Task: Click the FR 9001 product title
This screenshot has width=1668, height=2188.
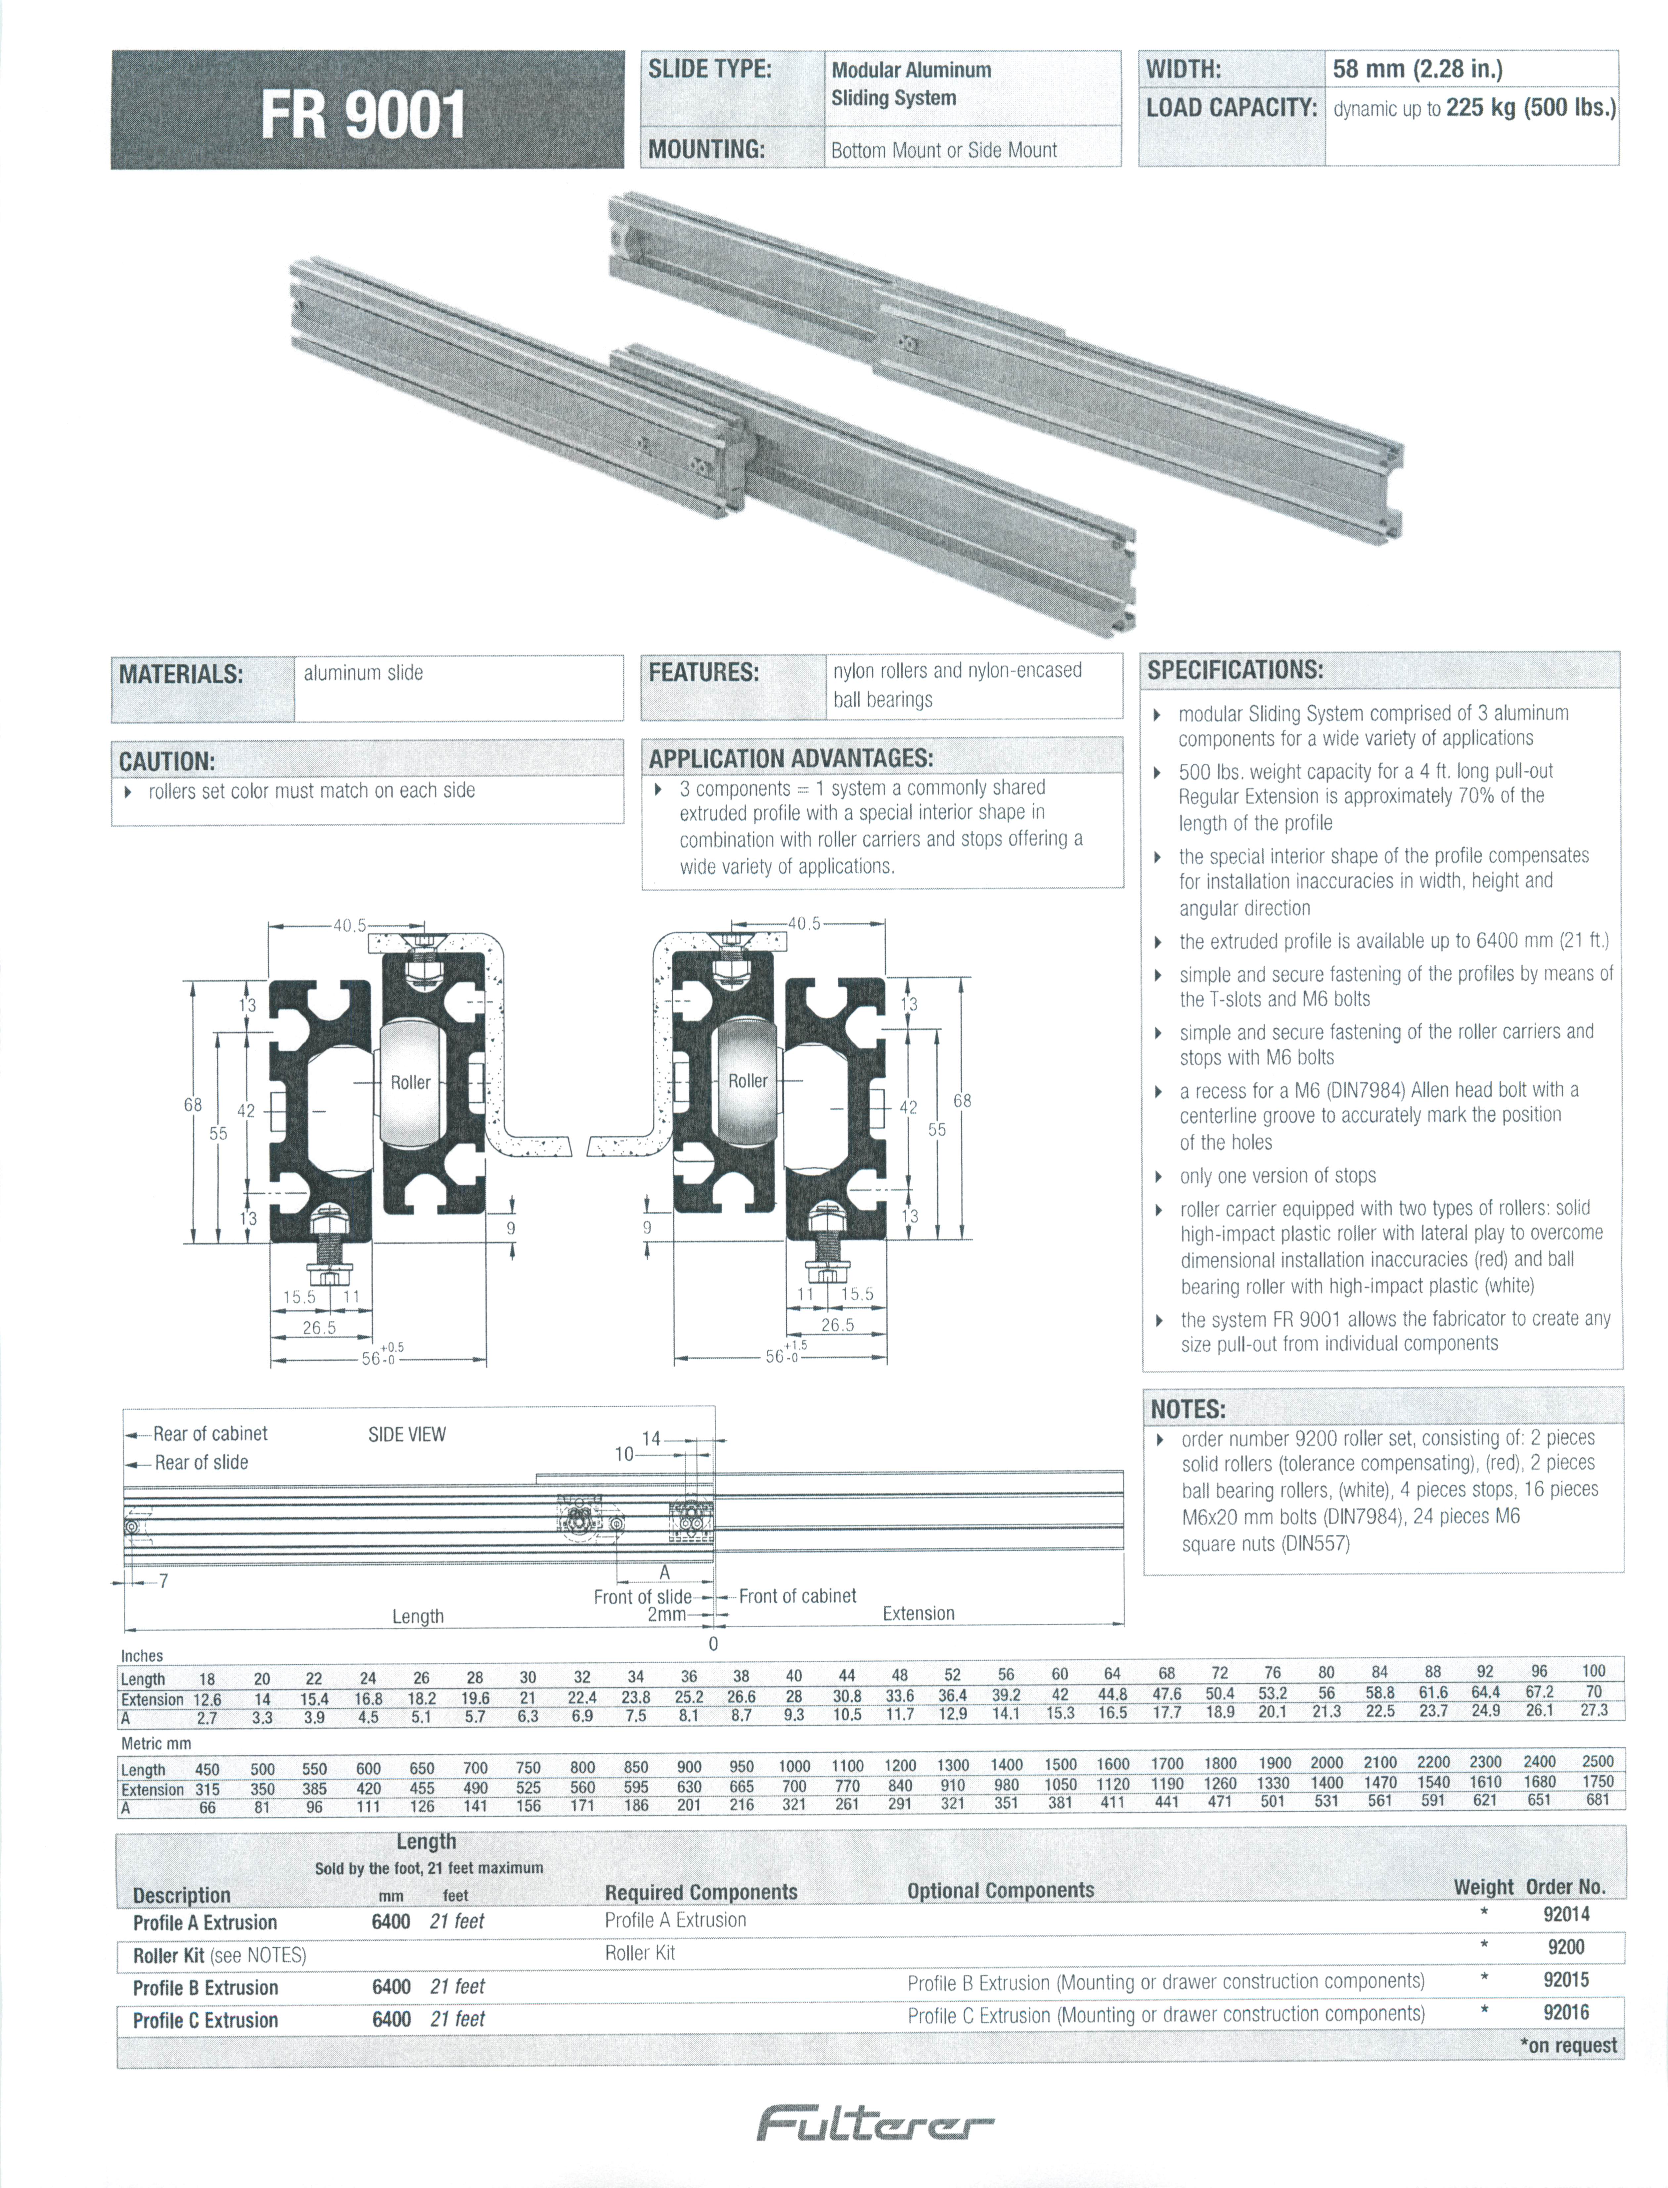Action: coord(363,115)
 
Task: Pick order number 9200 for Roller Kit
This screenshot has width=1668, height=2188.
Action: coord(1566,1947)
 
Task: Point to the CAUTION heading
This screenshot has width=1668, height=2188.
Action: coord(167,762)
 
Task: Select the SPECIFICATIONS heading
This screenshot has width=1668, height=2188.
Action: coord(1235,669)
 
